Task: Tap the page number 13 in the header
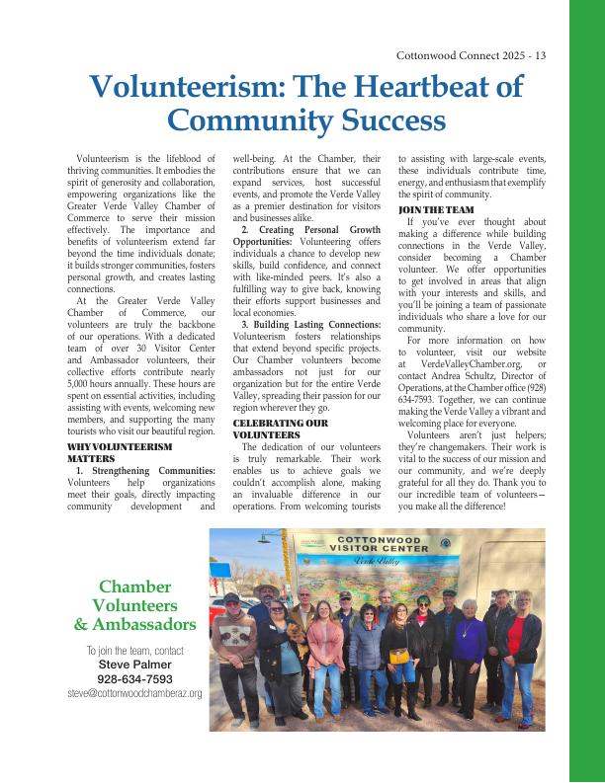(540, 56)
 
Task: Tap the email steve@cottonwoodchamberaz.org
(134, 694)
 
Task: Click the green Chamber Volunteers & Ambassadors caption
(134, 605)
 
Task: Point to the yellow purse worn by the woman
(398, 657)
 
